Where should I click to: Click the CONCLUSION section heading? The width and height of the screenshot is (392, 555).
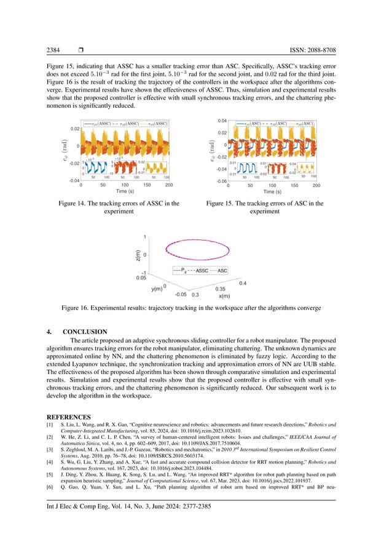(89, 332)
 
